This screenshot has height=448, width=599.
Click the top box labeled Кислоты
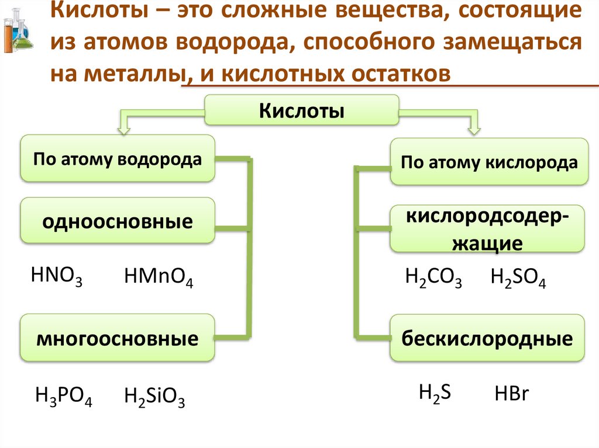[x=302, y=110]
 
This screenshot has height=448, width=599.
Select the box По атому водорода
[x=118, y=158]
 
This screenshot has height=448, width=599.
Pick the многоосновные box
[x=118, y=338]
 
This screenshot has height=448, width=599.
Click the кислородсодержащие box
[x=487, y=228]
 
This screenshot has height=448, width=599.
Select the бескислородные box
[x=487, y=339]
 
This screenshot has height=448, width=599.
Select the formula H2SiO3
[x=155, y=398]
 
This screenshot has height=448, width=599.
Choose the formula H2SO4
[x=518, y=279]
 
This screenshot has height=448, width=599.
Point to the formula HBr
[x=512, y=394]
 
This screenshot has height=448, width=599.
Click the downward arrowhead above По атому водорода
[x=125, y=124]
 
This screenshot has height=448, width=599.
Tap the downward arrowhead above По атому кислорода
[x=474, y=125]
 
